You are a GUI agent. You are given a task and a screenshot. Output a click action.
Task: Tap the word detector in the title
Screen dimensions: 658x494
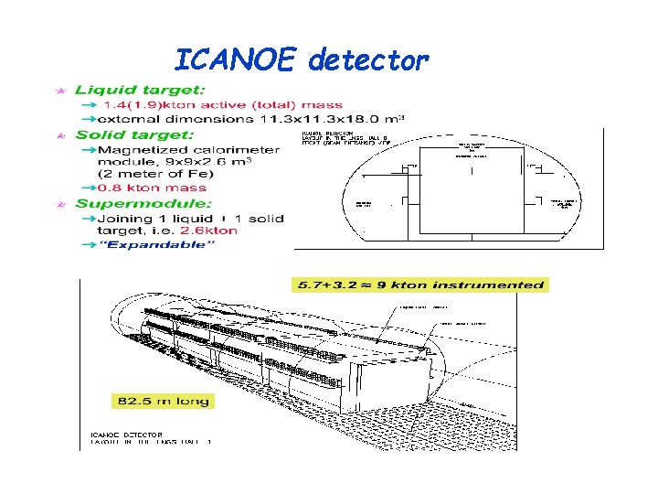tap(368, 60)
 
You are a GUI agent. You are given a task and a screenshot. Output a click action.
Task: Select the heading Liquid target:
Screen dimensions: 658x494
tap(140, 90)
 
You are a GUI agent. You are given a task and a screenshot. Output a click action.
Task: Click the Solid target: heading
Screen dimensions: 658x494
tap(134, 134)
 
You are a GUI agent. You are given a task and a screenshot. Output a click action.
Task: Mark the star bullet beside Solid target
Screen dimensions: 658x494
tap(60, 135)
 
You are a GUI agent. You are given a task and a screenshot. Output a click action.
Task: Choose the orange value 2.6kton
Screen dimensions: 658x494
tap(209, 231)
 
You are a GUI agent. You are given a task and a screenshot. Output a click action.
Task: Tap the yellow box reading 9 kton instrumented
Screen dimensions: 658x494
tap(419, 285)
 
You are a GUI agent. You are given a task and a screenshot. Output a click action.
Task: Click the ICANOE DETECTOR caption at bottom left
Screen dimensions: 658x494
tap(127, 434)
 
